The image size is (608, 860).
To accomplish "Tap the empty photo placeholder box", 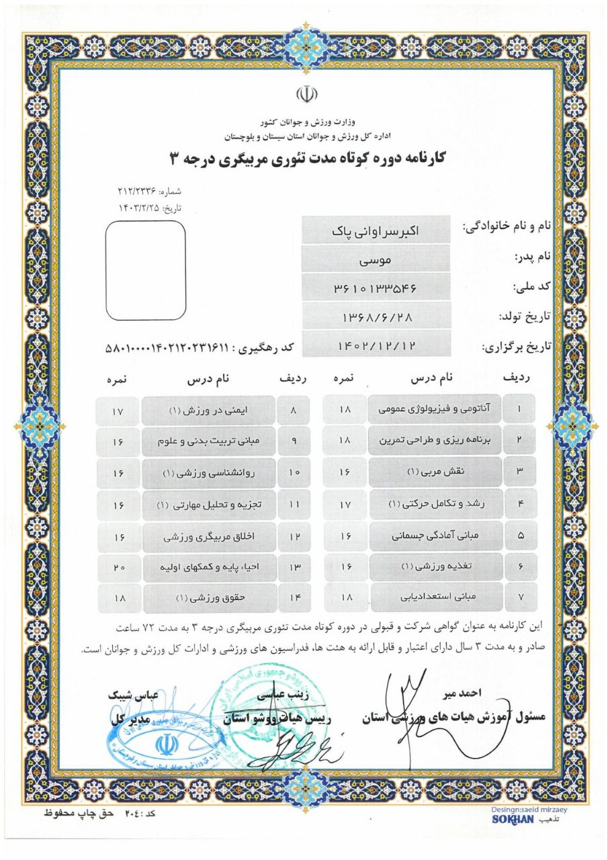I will click(x=146, y=270).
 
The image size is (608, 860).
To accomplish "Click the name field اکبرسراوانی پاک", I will click(x=376, y=230).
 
